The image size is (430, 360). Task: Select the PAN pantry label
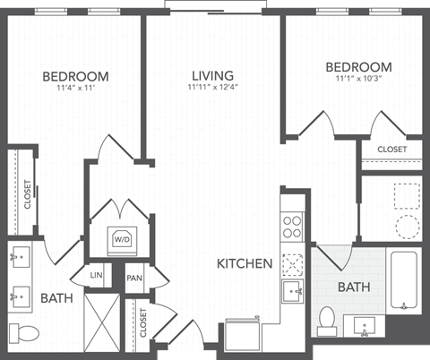tap(134, 279)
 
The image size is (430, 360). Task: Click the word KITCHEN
tap(245, 264)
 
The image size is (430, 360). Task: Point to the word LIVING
tap(212, 75)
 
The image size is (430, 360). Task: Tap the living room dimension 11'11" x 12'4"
tap(212, 88)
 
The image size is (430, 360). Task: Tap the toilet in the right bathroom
tap(327, 317)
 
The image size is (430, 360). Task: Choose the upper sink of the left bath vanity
tap(20, 258)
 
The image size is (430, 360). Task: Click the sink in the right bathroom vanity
tap(365, 323)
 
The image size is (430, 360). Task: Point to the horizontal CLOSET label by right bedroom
tap(391, 149)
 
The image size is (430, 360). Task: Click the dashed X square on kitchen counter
tap(293, 262)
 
